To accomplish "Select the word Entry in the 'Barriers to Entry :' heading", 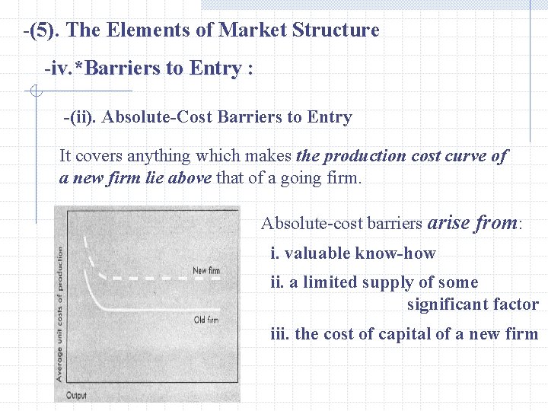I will pyautogui.click(x=215, y=68).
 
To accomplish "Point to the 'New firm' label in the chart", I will pyautogui.click(x=205, y=270).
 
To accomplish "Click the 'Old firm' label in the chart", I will pyautogui.click(x=205, y=320).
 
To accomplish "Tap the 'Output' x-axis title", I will pyautogui.click(x=76, y=395).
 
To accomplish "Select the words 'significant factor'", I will pyautogui.click(x=472, y=304).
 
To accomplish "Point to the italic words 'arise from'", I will pyautogui.click(x=473, y=222).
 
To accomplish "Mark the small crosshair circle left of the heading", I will pyautogui.click(x=35, y=92).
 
